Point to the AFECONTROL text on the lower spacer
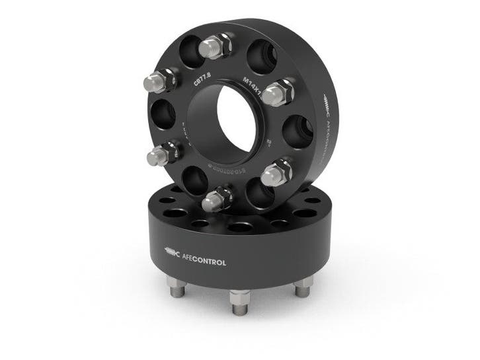pos(204,262)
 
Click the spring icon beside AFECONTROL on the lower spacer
pos(171,252)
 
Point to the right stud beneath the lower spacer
pos(302,286)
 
